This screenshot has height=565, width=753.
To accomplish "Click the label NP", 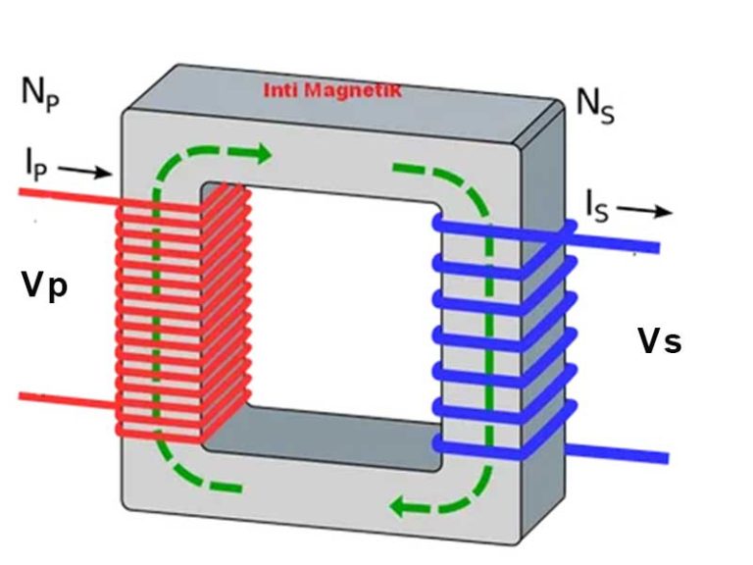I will pyautogui.click(x=40, y=93).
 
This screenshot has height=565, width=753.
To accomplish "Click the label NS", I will pyautogui.click(x=594, y=103).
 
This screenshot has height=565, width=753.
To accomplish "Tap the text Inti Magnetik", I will pyautogui.click(x=332, y=91).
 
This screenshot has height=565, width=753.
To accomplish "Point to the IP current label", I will pyautogui.click(x=35, y=165).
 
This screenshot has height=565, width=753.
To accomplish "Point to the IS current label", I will pyautogui.click(x=598, y=206).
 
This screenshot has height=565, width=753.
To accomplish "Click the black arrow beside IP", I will pyautogui.click(x=87, y=173).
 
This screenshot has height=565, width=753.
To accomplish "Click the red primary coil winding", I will pyautogui.click(x=181, y=314).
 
